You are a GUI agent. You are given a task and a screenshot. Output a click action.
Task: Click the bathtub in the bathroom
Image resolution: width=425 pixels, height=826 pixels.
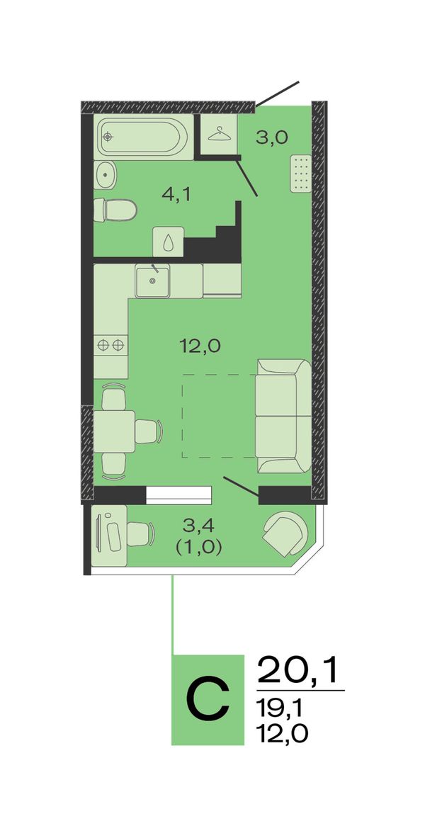(143, 137)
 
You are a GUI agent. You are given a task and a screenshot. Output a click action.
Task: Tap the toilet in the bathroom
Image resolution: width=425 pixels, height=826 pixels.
(115, 210)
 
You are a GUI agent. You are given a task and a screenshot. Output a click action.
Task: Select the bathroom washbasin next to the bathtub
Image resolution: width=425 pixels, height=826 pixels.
(106, 174)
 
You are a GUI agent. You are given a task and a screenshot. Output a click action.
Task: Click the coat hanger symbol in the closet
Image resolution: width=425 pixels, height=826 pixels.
(220, 135)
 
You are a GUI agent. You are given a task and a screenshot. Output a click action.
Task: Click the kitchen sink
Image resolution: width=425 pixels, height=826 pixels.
(152, 281)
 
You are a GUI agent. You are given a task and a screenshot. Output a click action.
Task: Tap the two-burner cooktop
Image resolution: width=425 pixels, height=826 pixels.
(110, 345)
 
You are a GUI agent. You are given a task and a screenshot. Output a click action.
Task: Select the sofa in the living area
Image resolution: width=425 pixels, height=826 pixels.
(283, 416)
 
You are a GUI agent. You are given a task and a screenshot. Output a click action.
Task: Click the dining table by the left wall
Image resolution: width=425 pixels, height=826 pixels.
(114, 431)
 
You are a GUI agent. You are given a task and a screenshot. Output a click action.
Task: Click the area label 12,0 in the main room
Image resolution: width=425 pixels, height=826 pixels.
(199, 346)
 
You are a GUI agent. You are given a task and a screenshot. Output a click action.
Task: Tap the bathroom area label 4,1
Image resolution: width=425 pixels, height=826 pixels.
(176, 195)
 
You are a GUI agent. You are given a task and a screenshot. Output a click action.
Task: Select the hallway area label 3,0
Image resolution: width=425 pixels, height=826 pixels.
(272, 138)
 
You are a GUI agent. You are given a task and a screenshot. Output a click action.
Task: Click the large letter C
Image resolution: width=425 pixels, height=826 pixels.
(208, 700)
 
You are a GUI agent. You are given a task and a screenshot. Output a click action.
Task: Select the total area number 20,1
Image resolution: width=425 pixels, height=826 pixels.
(297, 670)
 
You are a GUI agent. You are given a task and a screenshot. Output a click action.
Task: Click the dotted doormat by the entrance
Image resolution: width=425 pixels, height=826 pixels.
(301, 174)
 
